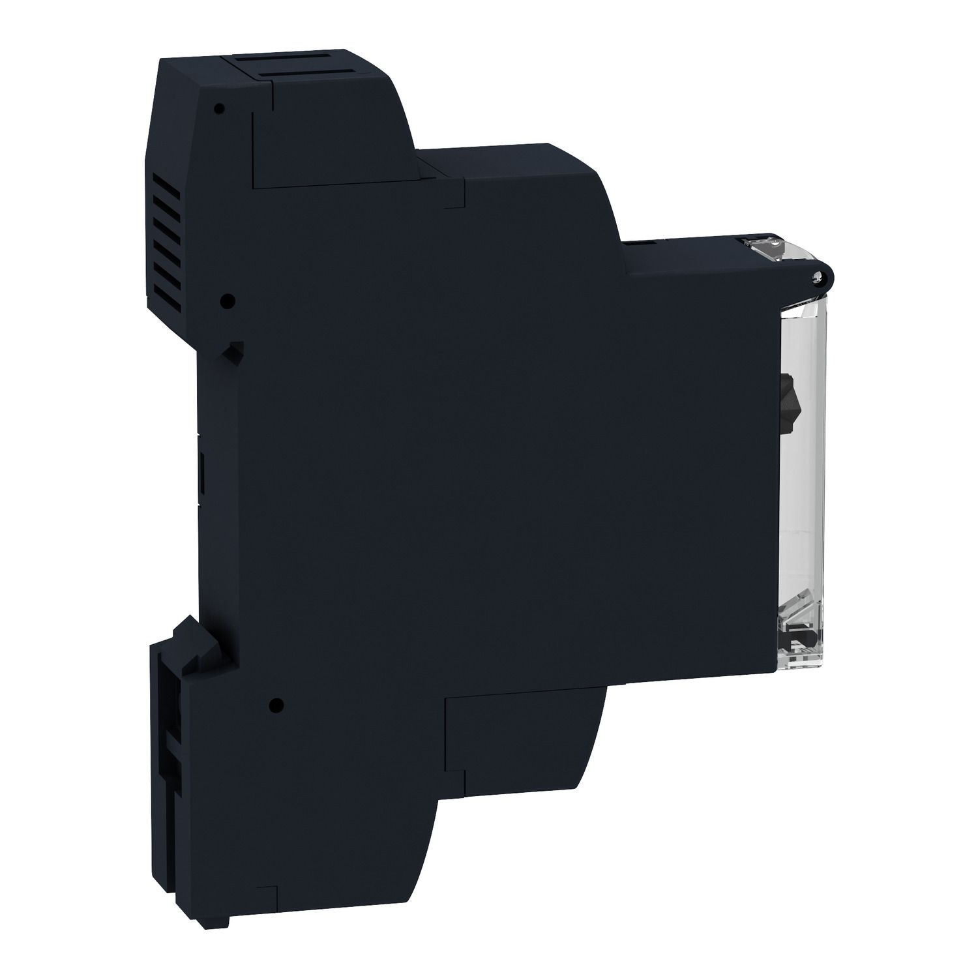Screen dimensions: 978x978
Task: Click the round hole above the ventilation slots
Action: click(220, 108)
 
